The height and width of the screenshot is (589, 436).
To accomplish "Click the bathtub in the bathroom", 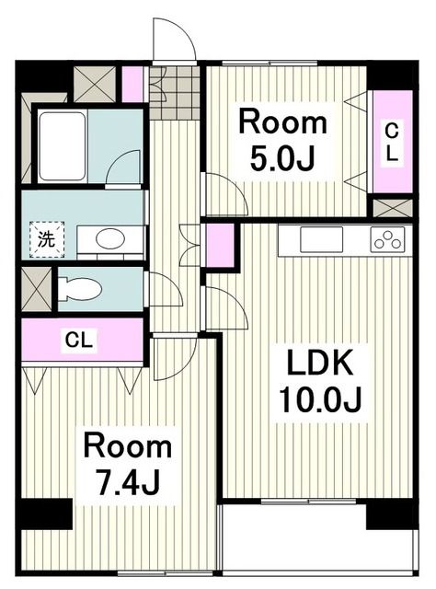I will tap(62, 145).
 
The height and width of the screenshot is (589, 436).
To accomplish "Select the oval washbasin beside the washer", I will tap(110, 239).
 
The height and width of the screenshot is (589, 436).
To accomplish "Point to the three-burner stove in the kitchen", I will tap(387, 239).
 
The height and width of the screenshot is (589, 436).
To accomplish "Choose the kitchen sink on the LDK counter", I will tap(321, 238).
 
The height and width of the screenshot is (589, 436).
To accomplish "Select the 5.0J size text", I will tap(282, 157).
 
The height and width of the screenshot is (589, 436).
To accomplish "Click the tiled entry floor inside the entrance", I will tap(175, 92).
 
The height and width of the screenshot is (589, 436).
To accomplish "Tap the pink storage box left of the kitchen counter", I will tap(221, 245).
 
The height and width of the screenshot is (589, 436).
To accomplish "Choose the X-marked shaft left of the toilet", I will tap(37, 288).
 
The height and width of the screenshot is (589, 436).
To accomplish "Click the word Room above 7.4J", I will tap(127, 447).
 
